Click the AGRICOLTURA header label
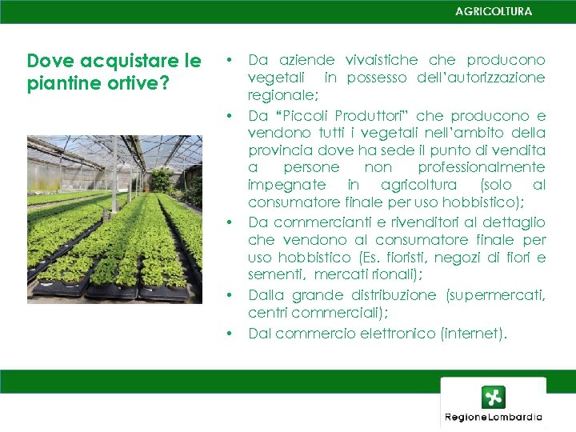click(x=493, y=11)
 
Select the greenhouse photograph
click(x=114, y=219)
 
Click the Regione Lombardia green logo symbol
click(x=494, y=398)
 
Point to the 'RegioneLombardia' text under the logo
click(x=494, y=417)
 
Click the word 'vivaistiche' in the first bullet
click(x=381, y=60)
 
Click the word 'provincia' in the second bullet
click(x=279, y=150)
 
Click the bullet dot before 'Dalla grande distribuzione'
click(x=230, y=295)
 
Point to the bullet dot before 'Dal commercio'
click(x=230, y=334)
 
